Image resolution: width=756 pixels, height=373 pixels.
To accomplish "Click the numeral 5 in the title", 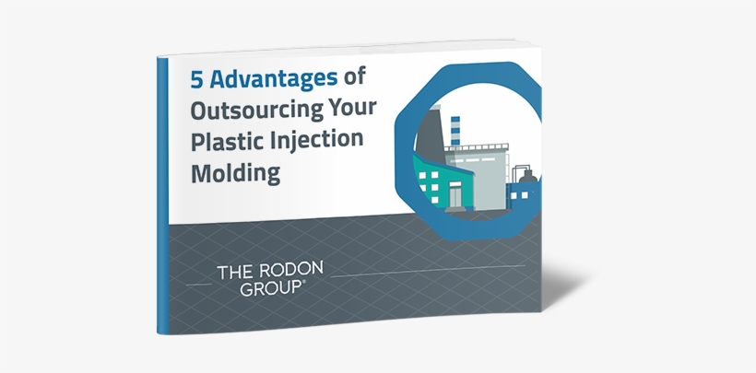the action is pyautogui.click(x=196, y=80).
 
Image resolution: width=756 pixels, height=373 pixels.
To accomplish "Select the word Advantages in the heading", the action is pyautogui.click(x=274, y=79).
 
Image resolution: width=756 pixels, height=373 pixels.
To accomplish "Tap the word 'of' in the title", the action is pyautogui.click(x=354, y=76).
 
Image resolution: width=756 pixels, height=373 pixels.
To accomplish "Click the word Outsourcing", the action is pyautogui.click(x=255, y=110).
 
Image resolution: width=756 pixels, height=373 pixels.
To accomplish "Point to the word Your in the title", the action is pyautogui.click(x=352, y=107).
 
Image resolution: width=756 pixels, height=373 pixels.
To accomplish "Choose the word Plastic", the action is pyautogui.click(x=227, y=141).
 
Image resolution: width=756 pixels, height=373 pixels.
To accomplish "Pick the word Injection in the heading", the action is pyautogui.click(x=316, y=140).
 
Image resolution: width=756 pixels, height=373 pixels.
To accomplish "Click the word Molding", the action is pyautogui.click(x=235, y=172).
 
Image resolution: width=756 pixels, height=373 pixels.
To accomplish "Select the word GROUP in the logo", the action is pyautogui.click(x=270, y=288).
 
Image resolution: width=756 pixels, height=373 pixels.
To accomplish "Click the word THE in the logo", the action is pyautogui.click(x=233, y=273).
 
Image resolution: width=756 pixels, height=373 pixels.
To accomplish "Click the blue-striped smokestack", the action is pyautogui.click(x=455, y=131).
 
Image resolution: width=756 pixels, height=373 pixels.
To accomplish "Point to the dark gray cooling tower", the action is pyautogui.click(x=429, y=136).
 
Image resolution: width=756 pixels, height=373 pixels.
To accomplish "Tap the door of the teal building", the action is pyautogui.click(x=455, y=196).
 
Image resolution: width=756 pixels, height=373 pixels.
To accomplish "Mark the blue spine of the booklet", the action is pyautogui.click(x=162, y=195).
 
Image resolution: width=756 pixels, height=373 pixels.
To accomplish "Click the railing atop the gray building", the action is pyautogui.click(x=477, y=147).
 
